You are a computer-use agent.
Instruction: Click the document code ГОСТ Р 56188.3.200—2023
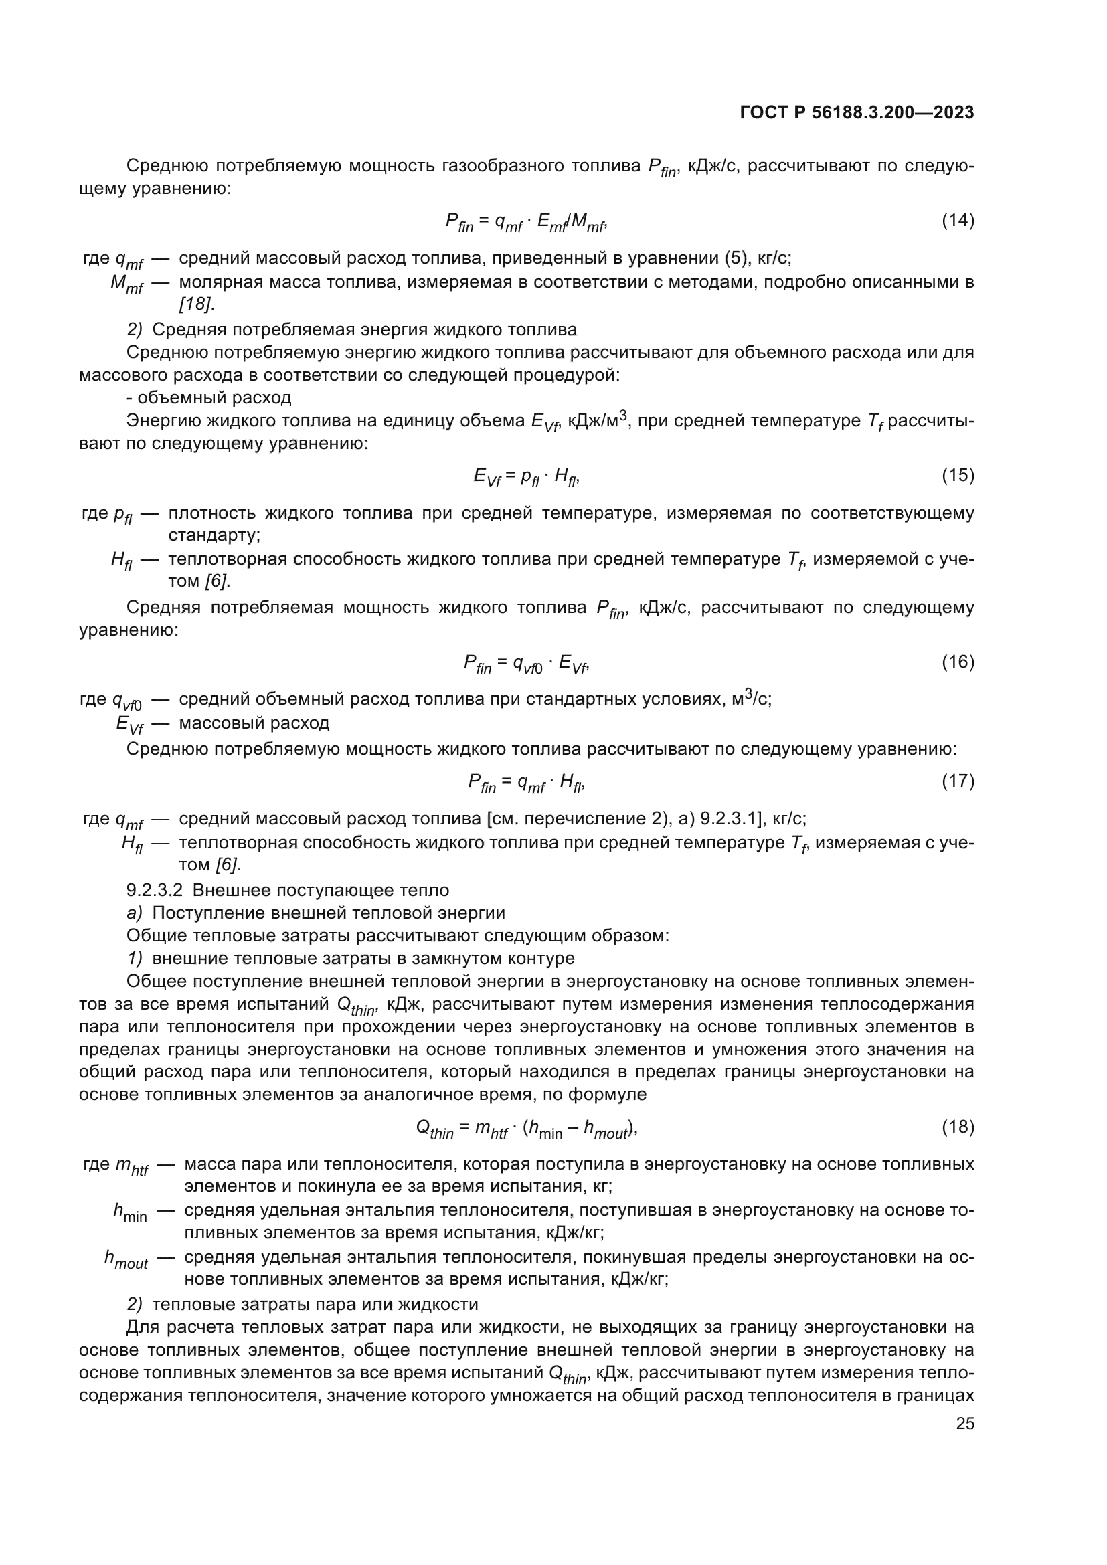click(856, 113)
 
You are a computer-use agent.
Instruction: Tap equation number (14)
click(958, 220)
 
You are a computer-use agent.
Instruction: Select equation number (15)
click(958, 475)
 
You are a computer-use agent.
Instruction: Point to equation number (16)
click(958, 661)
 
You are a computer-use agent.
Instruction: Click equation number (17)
click(958, 780)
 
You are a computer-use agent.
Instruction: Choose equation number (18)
click(958, 1127)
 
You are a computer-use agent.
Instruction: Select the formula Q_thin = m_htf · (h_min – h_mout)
click(526, 1128)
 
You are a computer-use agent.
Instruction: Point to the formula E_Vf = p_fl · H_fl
click(526, 476)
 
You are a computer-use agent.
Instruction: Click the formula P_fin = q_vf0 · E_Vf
click(526, 662)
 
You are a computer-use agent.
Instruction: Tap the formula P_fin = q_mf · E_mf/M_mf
click(526, 221)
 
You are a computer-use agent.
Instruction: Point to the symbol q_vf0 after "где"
click(126, 701)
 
